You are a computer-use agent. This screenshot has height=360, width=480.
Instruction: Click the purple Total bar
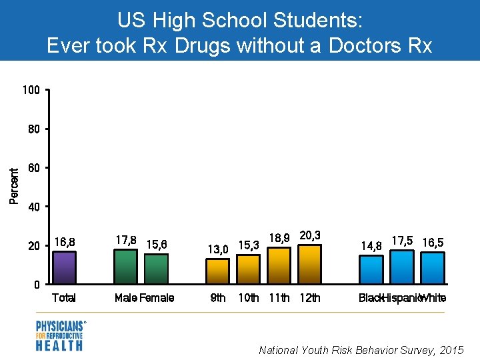pos(64,267)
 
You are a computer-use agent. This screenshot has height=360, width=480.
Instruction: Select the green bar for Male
pos(126,267)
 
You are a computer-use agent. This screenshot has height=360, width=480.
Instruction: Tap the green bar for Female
pos(156,269)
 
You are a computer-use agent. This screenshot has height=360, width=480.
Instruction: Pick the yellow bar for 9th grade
pos(217,271)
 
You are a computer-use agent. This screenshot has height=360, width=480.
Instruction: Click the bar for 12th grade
pos(310,264)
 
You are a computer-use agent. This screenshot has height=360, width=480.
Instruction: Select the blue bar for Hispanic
pos(401,267)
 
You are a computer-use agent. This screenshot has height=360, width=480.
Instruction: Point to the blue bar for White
pos(433,267)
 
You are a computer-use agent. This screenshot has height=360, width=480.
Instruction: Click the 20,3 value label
pos(310,235)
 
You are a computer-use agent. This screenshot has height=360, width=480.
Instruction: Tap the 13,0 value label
pos(217,249)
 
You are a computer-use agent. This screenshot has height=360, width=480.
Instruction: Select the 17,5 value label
pos(401,240)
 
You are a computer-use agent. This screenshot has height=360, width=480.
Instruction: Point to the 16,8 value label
pos(65,241)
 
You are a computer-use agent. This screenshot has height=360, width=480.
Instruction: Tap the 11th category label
pos(279,298)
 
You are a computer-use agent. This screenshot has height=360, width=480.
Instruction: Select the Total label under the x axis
pos(64,298)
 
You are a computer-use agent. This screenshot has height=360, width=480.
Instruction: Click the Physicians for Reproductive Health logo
pos(60,335)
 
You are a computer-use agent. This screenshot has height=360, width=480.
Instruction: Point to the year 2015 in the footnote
pos(452,349)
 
